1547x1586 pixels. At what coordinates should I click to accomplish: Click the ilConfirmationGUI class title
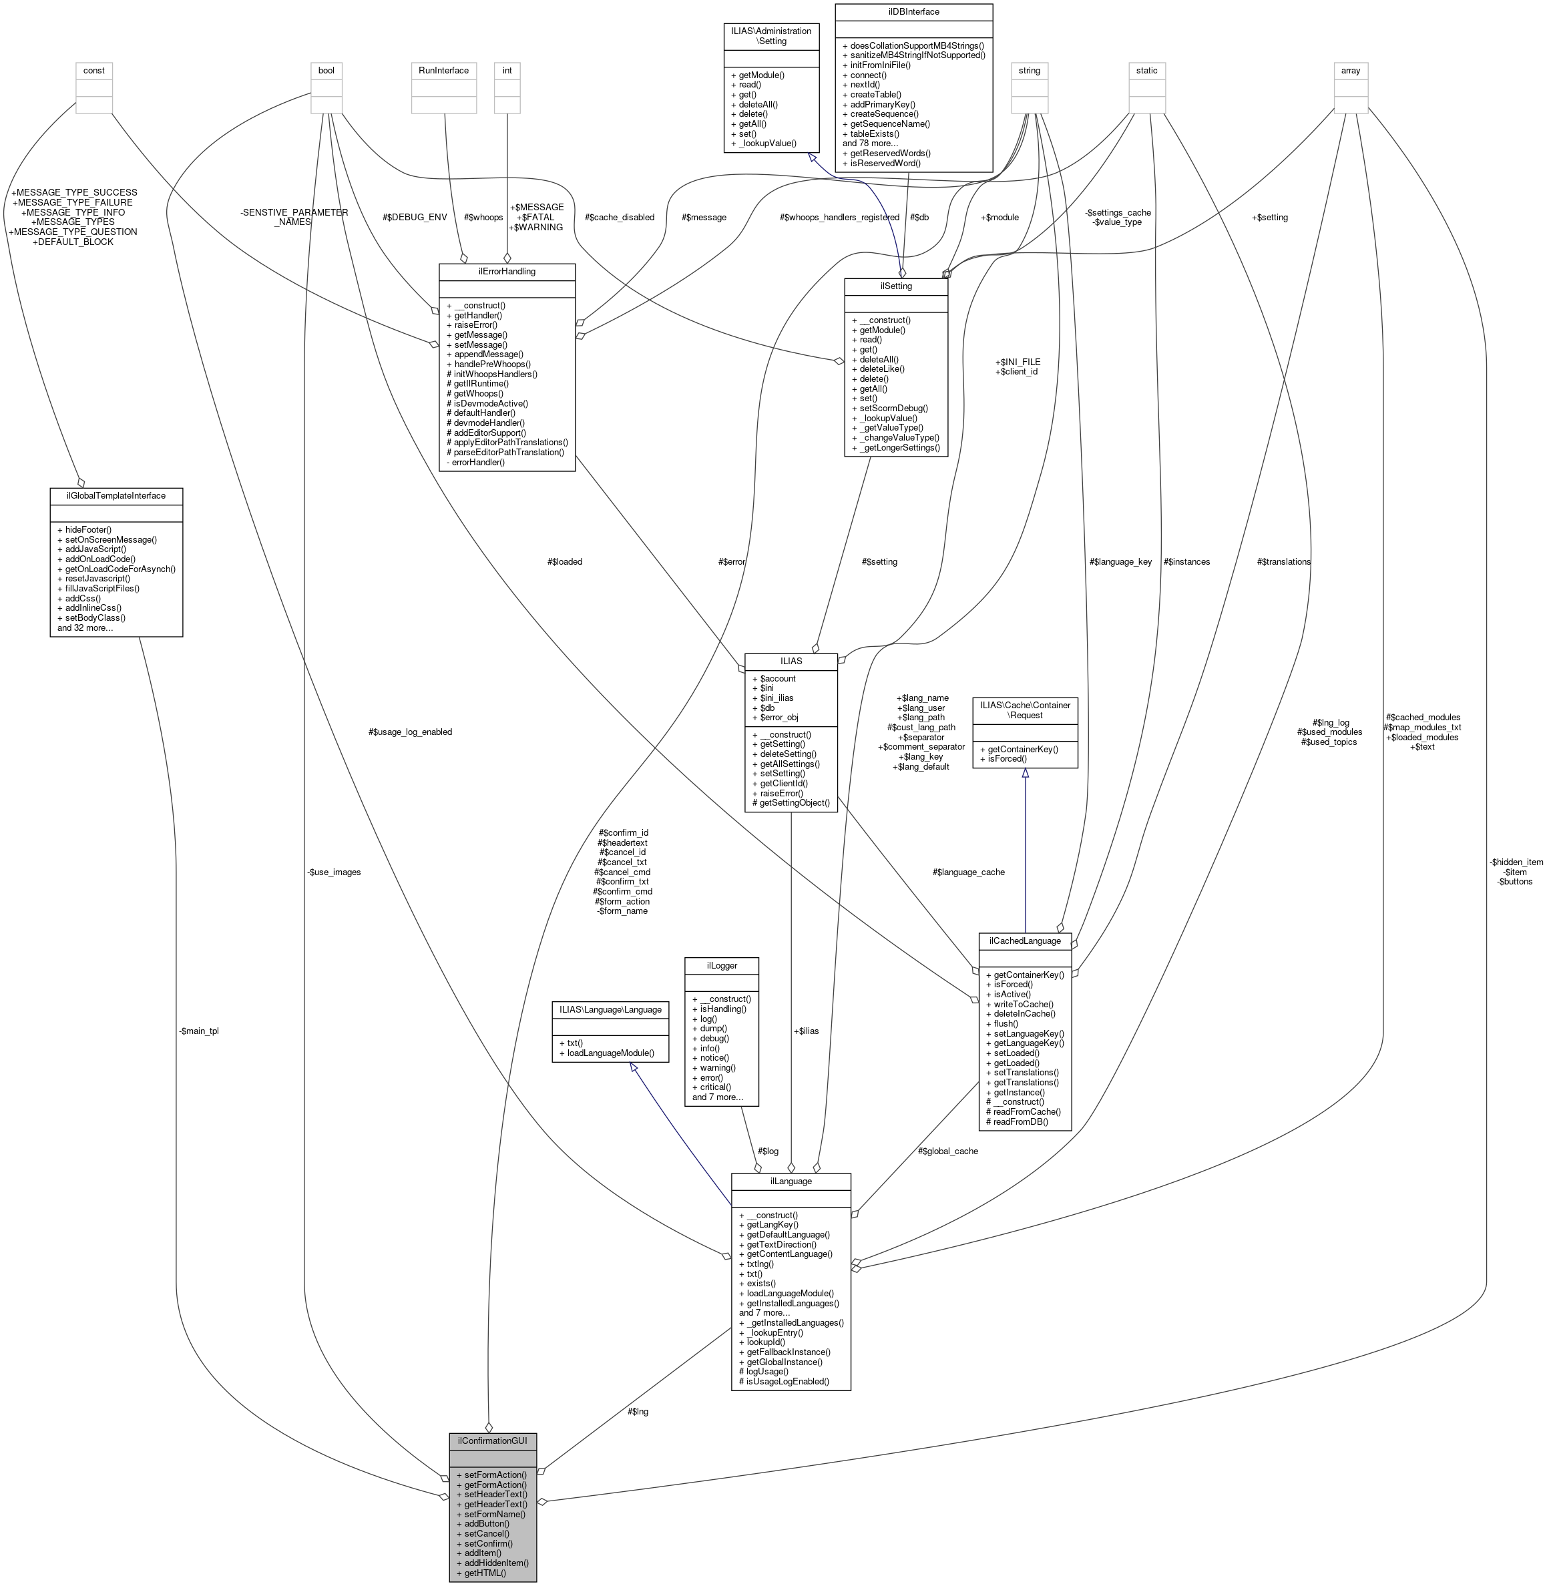pos(492,1440)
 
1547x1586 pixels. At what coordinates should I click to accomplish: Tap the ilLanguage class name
pos(790,1181)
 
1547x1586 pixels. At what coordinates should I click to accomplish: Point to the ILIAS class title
pos(790,661)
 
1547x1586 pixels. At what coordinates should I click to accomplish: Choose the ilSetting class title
pos(895,286)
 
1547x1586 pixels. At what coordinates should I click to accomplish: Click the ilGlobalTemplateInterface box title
pos(116,495)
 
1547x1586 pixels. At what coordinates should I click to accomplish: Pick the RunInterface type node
pos(443,70)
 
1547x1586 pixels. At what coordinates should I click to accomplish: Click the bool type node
pos(326,70)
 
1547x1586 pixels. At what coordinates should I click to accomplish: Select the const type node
pos(93,70)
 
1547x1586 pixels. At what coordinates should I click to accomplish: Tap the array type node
pos(1351,70)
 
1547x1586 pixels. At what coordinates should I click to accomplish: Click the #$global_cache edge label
pos(947,1151)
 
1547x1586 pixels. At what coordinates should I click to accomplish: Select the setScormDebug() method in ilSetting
pos(893,408)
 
